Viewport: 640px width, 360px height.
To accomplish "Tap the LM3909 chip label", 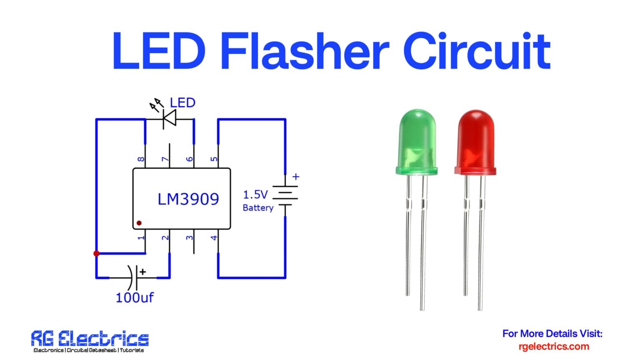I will (188, 199).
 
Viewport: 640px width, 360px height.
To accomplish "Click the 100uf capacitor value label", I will (134, 297).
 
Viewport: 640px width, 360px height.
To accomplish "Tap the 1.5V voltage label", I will (255, 195).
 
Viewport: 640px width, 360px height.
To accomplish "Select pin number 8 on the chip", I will (141, 159).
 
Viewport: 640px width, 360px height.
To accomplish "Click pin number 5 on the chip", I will (214, 159).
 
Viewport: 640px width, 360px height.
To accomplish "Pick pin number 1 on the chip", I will (141, 237).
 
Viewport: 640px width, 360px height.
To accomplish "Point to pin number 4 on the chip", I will (214, 237).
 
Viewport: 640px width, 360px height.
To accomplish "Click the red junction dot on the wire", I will (96, 253).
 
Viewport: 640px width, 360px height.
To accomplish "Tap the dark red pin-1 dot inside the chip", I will (139, 223).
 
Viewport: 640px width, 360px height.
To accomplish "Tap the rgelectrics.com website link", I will (554, 346).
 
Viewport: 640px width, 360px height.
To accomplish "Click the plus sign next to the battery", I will (296, 177).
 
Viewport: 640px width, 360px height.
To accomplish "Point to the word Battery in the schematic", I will (258, 208).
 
